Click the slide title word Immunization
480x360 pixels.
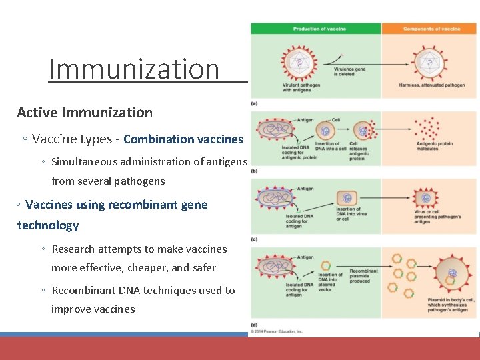click(133, 69)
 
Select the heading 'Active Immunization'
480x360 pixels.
click(85, 113)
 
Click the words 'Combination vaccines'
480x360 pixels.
click(183, 139)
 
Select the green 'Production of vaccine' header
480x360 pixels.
click(315, 29)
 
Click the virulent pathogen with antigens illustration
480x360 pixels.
click(298, 62)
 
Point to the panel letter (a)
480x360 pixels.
click(255, 103)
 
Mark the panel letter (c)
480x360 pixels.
click(255, 238)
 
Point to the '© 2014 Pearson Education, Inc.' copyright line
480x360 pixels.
click(277, 331)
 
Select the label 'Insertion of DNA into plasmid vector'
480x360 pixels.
click(330, 282)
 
